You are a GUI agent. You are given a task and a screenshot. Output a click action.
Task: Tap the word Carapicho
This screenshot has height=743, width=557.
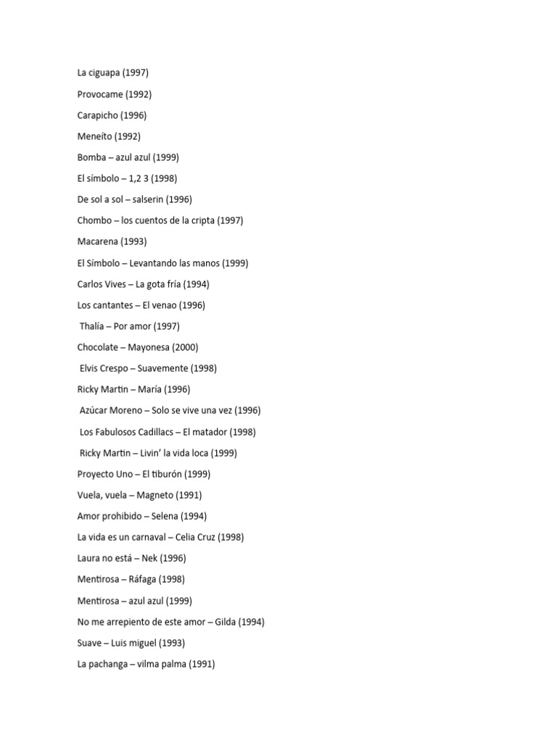click(x=97, y=115)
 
